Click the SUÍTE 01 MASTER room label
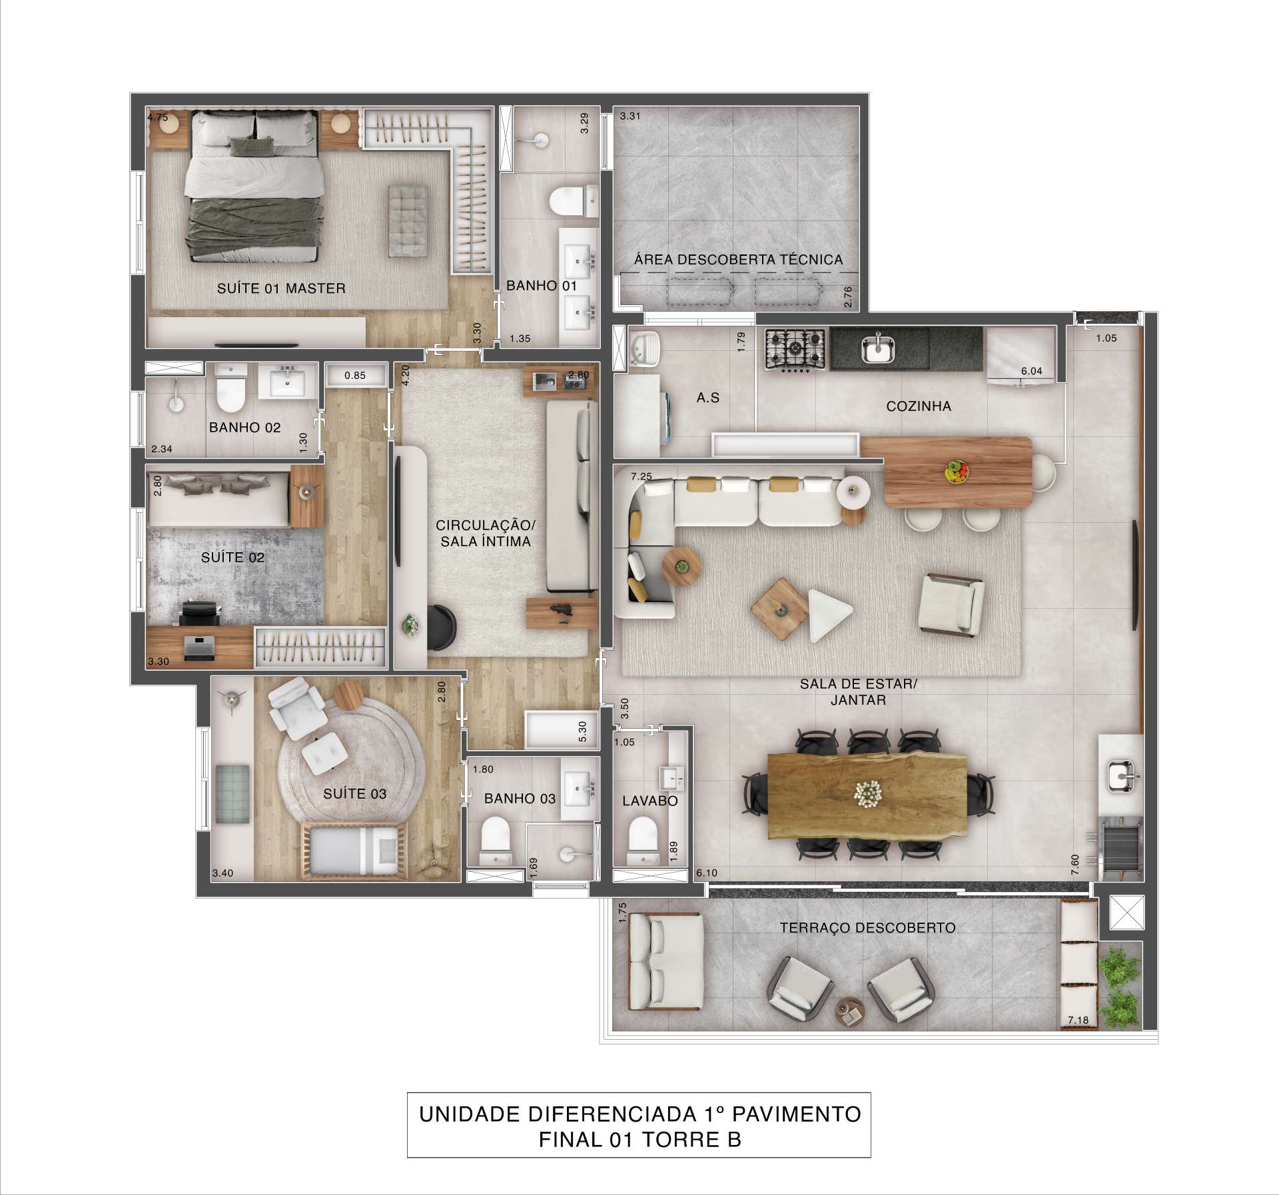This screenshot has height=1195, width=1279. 281,288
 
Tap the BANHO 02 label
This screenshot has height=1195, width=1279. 245,428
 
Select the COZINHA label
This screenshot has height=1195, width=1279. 919,406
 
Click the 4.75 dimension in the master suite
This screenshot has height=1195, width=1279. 158,117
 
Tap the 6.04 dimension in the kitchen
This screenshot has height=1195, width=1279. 1032,372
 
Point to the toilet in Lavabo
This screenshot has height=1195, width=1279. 643,841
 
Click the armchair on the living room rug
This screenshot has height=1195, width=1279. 951,603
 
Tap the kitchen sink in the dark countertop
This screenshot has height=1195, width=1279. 879,348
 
